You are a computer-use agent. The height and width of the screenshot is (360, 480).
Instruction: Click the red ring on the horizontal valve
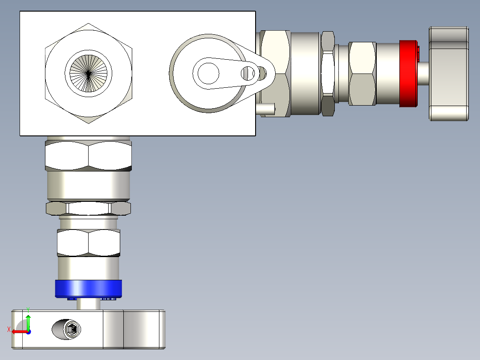408,74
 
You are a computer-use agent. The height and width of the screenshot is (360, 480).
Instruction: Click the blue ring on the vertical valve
89,289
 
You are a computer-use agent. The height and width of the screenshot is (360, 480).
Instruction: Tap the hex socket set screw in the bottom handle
72,329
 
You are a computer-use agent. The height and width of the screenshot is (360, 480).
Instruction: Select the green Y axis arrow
28,322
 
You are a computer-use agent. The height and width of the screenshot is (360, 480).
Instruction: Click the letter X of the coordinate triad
9,330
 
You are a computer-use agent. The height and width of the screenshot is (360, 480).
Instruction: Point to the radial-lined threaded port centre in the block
89,74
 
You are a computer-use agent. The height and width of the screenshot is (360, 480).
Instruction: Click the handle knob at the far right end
449,74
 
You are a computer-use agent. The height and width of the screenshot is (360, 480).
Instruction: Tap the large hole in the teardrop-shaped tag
208,74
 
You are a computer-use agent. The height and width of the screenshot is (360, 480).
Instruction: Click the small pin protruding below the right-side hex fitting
266,109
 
